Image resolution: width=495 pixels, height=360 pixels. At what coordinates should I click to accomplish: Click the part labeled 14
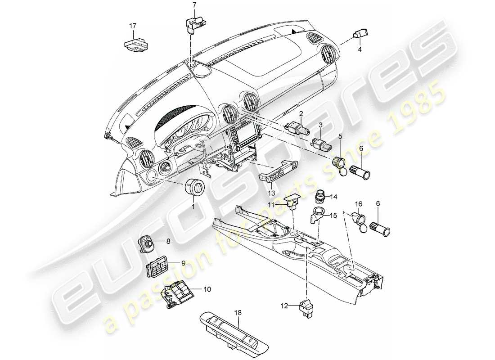[320, 197]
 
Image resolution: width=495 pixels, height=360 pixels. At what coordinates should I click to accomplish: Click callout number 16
[359, 204]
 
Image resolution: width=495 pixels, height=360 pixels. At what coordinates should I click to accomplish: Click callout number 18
[237, 311]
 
